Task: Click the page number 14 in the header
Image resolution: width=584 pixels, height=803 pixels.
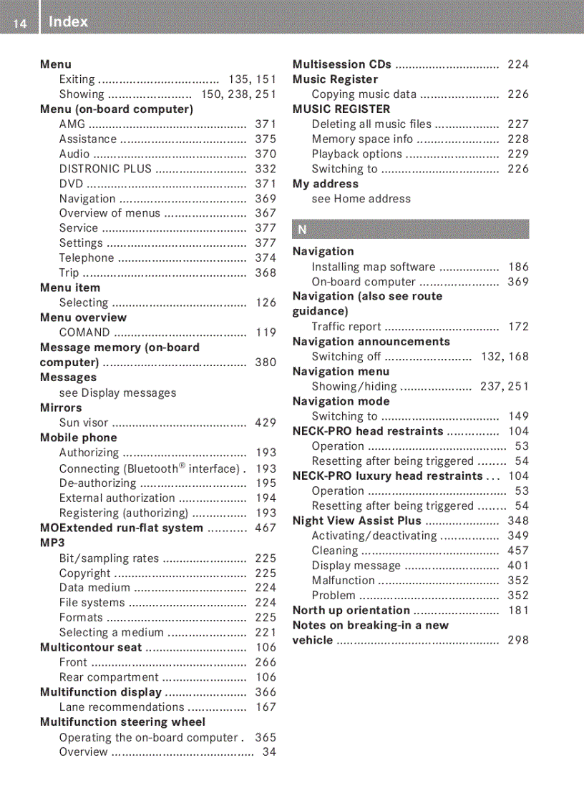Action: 19,24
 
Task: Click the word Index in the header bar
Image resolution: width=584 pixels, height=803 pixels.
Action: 69,22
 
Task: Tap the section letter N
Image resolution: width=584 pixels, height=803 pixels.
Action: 302,230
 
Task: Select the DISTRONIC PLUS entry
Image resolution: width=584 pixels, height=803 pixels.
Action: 105,169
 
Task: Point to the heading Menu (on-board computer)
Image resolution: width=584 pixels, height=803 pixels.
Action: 117,109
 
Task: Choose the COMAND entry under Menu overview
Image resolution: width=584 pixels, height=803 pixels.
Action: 84,332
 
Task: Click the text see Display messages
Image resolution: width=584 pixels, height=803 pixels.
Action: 117,393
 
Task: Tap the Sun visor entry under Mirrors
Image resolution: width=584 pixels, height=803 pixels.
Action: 84,423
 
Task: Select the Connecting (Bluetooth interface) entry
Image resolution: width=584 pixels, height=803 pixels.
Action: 149,468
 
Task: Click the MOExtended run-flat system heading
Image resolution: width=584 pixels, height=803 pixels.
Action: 122,528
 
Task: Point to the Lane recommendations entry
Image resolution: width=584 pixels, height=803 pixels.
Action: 122,707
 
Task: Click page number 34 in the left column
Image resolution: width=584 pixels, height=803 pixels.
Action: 269,752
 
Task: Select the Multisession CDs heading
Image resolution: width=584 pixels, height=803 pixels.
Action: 342,64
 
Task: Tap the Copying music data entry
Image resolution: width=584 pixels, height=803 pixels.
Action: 364,94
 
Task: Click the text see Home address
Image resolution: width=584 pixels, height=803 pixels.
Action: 361,199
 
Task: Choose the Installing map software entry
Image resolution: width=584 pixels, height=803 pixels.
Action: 373,267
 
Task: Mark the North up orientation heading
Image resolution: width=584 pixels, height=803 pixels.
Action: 351,610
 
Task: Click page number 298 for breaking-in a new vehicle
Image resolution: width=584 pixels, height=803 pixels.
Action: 518,640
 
